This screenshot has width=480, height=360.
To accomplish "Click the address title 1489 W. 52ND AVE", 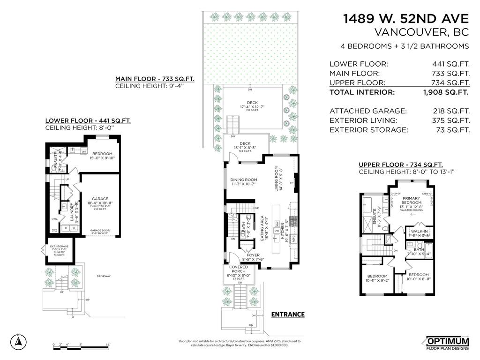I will pyautogui.click(x=406, y=19).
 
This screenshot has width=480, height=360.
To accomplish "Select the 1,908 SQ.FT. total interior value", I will pyautogui.click(x=446, y=92).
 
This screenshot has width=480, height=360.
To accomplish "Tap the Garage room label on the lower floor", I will pyautogui.click(x=100, y=199).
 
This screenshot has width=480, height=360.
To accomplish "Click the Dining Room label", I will pyautogui.click(x=244, y=180).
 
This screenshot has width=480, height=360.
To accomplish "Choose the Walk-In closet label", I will pyautogui.click(x=419, y=231).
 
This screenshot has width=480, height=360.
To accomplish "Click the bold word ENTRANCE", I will pyautogui.click(x=288, y=315).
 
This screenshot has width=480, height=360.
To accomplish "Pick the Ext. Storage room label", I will pyautogui.click(x=59, y=246).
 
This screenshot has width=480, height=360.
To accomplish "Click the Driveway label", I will pyautogui.click(x=104, y=276).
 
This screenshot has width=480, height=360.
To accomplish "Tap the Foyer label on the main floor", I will pyautogui.click(x=253, y=255).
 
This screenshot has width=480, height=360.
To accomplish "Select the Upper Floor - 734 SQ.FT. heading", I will pyautogui.click(x=401, y=165).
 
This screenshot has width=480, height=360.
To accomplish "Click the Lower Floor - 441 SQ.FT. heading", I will pyautogui.click(x=88, y=120).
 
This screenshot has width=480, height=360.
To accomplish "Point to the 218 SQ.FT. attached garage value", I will pyautogui.click(x=451, y=111).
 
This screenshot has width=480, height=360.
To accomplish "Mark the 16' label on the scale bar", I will pyautogui.click(x=108, y=345).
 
